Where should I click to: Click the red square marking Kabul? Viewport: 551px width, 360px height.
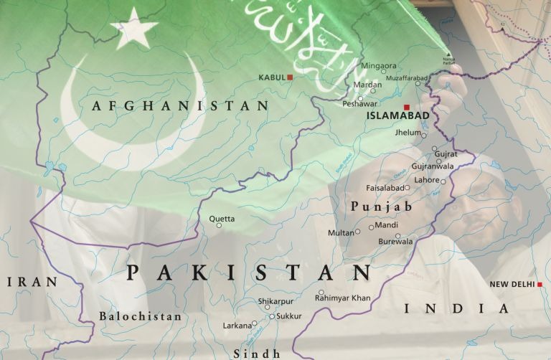point(290,77)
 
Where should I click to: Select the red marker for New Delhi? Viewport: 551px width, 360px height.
point(540,285)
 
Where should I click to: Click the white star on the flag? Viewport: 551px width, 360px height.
point(134,29)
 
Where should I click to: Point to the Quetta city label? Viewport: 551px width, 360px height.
point(221,217)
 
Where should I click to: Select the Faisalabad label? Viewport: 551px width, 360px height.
point(382,188)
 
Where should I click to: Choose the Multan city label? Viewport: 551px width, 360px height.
point(341,232)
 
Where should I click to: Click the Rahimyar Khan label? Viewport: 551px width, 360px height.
point(343,297)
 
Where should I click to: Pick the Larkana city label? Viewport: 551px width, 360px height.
point(237,326)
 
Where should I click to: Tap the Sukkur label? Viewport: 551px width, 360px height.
point(289,316)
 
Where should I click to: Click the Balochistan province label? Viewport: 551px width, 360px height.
point(141,316)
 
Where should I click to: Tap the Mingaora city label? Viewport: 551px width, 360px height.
point(378,65)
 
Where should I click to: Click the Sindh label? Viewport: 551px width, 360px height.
point(256,353)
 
